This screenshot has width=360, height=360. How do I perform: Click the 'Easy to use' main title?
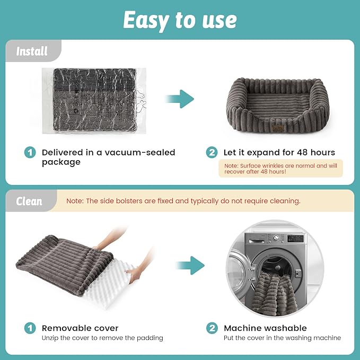tap(180, 20)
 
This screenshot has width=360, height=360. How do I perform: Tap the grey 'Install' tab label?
tap(32, 51)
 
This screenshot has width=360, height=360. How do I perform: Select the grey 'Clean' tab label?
tap(29, 201)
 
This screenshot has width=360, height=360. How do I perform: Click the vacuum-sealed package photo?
tap(94, 101)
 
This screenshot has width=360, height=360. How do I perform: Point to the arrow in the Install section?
tap(180, 99)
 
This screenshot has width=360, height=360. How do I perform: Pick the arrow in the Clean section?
tap(190, 266)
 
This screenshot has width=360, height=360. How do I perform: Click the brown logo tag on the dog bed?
tap(278, 128)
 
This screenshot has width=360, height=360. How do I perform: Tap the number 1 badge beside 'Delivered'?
tap(30, 153)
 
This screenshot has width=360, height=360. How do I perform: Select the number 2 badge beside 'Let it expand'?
tap(212, 153)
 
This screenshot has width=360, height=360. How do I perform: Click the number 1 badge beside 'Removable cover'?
tap(30, 328)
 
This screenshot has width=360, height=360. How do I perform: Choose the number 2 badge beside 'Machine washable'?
tap(212, 328)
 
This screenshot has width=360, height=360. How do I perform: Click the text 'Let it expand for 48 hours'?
tap(279, 153)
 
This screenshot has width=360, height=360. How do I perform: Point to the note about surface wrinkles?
tap(281, 169)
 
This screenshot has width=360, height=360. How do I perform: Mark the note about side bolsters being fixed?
tap(183, 201)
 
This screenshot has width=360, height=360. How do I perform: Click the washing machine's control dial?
tap(276, 238)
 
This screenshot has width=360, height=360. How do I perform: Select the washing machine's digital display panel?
tap(295, 239)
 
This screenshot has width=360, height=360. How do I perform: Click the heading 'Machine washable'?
tap(265, 328)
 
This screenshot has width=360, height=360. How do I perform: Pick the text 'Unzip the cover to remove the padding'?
tap(102, 338)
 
